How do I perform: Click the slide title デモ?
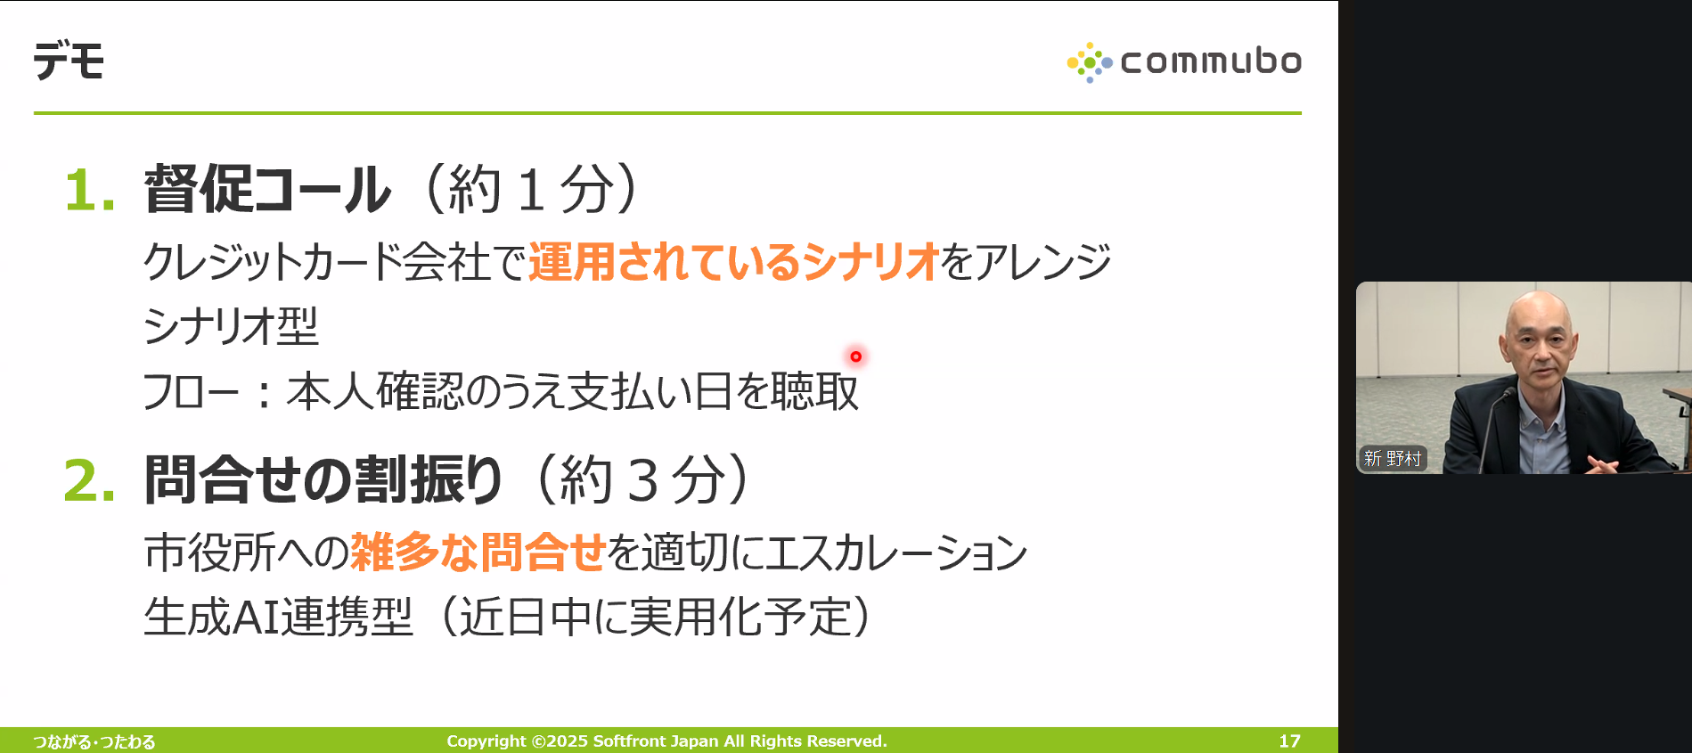tap(69, 61)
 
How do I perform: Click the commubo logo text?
tap(1211, 61)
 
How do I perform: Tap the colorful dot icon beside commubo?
tap(1090, 62)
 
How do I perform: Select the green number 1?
tap(89, 191)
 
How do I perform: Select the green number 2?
tap(89, 481)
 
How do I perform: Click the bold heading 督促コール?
tap(267, 189)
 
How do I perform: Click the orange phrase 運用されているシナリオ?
tap(734, 262)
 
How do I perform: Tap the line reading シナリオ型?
tap(231, 326)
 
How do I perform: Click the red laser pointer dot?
tap(855, 356)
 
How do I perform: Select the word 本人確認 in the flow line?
tap(375, 391)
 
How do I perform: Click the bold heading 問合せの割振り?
tap(324, 480)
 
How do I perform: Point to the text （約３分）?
tap(643, 480)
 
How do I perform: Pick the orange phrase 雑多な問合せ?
tap(478, 552)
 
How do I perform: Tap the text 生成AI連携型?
tap(278, 617)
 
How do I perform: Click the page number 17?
tap(1289, 741)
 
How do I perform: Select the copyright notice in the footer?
tap(666, 741)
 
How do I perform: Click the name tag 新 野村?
tap(1392, 458)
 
